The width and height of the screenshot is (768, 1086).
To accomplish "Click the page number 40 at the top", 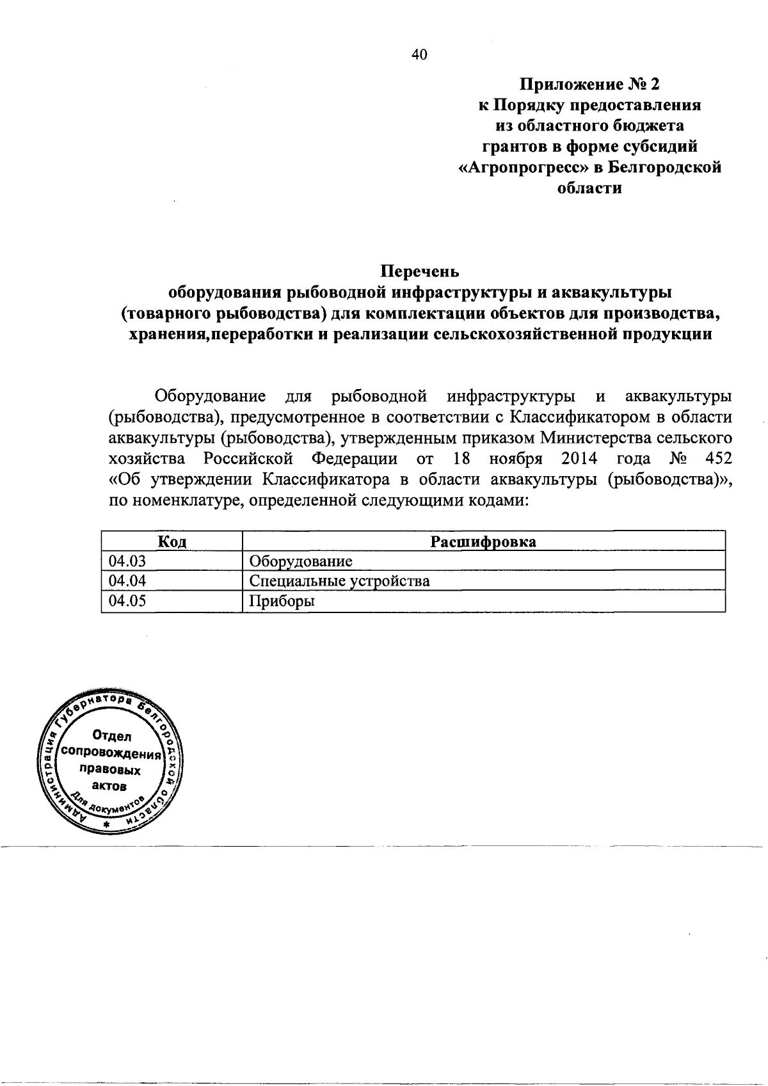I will point(419,55).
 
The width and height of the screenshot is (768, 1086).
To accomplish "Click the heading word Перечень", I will point(420,271).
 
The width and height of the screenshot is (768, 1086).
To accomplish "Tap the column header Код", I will point(172,542).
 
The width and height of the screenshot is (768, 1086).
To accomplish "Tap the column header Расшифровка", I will point(483,542).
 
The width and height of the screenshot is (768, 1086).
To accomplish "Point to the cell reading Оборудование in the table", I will point(301,561).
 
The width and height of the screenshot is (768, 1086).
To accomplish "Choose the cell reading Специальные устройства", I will point(339,581).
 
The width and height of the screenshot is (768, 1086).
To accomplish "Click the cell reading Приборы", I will point(282,601).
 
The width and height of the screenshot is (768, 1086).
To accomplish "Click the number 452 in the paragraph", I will point(717,459).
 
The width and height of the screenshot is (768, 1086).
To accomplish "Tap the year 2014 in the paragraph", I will point(580,459).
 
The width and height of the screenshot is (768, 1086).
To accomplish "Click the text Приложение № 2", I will point(589,84).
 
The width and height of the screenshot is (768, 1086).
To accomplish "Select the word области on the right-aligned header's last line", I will point(590,189).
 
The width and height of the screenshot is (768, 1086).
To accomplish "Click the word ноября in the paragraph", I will point(516,459).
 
